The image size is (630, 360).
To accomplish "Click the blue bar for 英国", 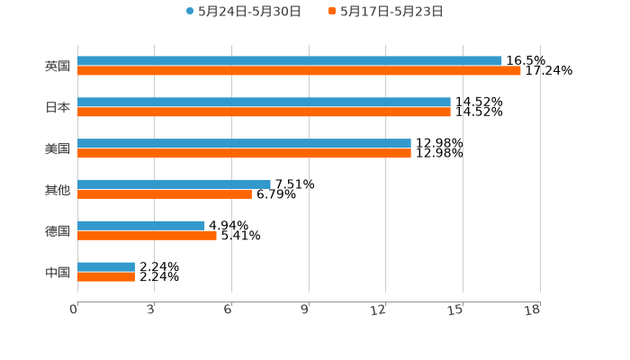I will point(290,60).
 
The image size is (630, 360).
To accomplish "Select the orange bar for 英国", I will point(299,70).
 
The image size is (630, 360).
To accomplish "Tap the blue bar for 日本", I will point(264,102).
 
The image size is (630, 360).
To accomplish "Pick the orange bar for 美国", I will point(244,153).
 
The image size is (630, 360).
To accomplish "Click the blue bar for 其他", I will point(174,184).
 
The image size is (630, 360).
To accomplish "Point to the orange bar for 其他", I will point(165,193).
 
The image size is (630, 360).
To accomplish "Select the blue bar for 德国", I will point(141,225).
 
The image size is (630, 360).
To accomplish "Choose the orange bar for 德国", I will point(147,235).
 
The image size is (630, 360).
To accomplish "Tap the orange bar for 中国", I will point(106,276).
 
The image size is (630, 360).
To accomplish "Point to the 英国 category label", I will point(58,66).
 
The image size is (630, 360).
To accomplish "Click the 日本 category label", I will point(58,107).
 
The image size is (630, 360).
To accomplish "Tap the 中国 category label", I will point(58,272).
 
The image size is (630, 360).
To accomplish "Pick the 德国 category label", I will point(58,230).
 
